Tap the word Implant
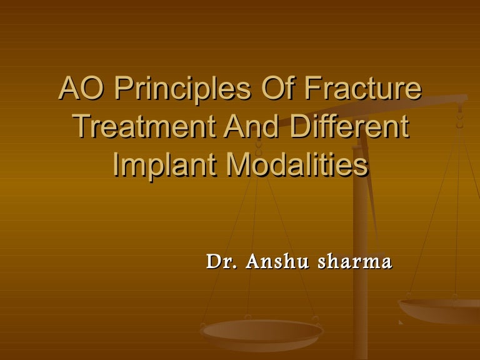pos(165,165)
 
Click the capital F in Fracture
pos(314,89)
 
